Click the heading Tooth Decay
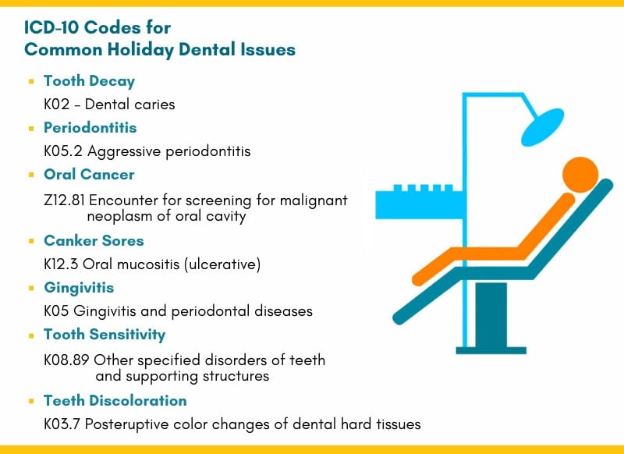[x=89, y=81]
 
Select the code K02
[x=56, y=105]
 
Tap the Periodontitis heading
[x=90, y=128]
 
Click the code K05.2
[x=63, y=151]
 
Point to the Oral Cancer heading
[x=89, y=174]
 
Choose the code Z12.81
[x=64, y=200]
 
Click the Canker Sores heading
[x=94, y=241]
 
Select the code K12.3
[x=61, y=264]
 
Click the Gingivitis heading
[x=79, y=288]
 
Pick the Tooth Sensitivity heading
[x=105, y=335]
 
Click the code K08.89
[x=66, y=360]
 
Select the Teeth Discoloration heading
[x=115, y=401]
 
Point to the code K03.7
[x=62, y=424]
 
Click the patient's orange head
[x=580, y=175]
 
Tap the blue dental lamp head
[x=542, y=127]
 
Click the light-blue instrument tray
[x=419, y=202]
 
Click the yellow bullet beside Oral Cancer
[x=31, y=175]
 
